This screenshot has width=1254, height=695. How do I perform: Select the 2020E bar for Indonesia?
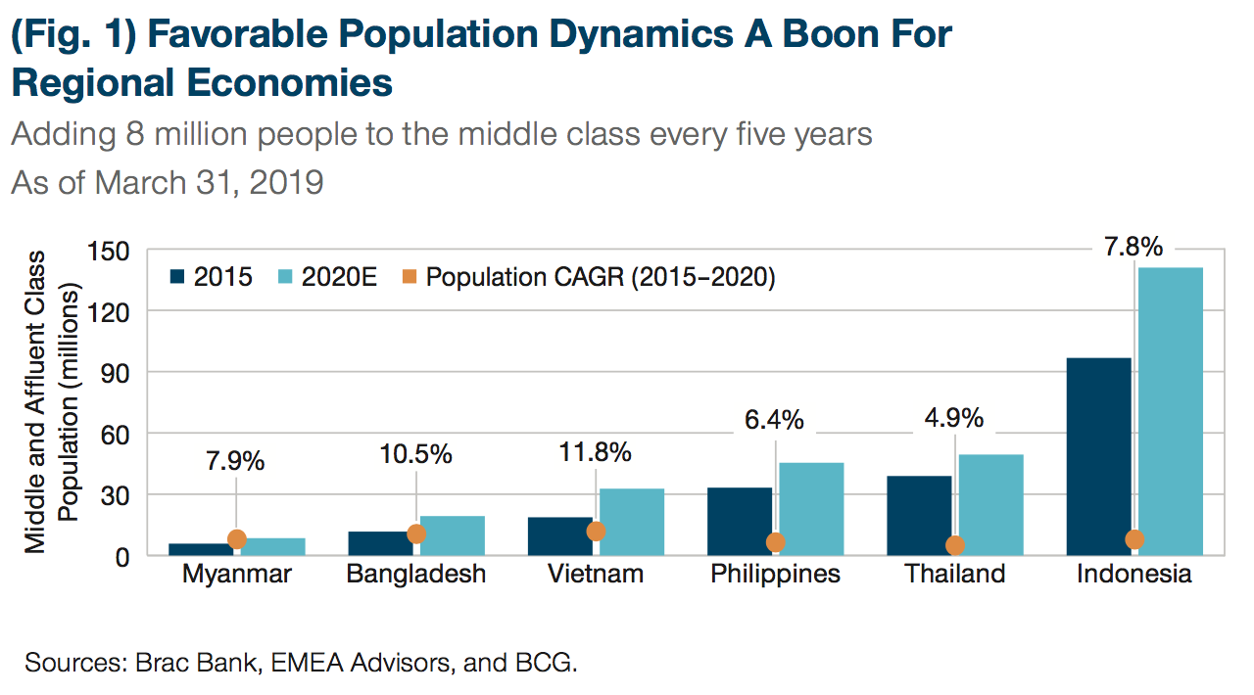click(1170, 411)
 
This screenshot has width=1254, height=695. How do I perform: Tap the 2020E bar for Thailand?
click(990, 504)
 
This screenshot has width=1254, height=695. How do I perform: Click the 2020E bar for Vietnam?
click(632, 522)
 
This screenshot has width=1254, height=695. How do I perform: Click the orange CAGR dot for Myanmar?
click(236, 539)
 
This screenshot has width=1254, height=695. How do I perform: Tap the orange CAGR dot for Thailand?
click(955, 546)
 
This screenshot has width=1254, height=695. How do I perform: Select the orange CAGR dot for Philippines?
click(775, 542)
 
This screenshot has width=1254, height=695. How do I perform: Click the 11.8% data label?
click(596, 453)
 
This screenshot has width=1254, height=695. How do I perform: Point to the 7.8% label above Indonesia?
click(1134, 247)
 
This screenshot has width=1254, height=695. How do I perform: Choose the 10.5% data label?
click(416, 454)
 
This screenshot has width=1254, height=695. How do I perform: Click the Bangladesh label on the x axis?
click(416, 575)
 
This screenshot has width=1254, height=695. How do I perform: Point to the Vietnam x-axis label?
click(596, 575)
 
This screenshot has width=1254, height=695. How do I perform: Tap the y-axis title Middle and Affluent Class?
click(36, 401)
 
